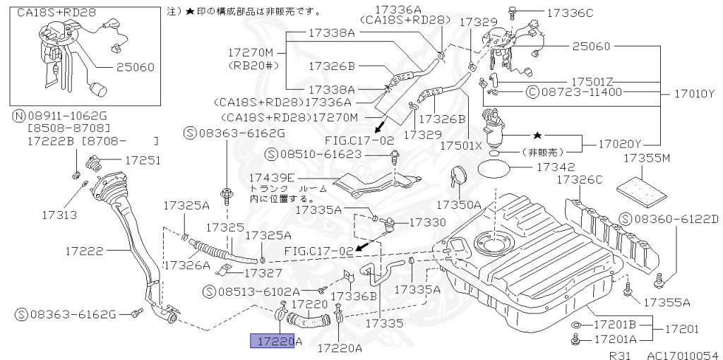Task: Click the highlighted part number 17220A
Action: tap(275, 342)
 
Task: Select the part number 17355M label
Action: tap(645, 160)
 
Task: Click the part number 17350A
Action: tap(458, 205)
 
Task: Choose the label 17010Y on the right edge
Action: tap(692, 94)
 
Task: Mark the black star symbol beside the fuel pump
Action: tap(537, 134)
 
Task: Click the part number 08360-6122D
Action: tap(676, 220)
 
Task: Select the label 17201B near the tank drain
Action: tap(614, 325)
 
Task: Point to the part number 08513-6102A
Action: tap(258, 291)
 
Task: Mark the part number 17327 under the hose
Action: tap(264, 272)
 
